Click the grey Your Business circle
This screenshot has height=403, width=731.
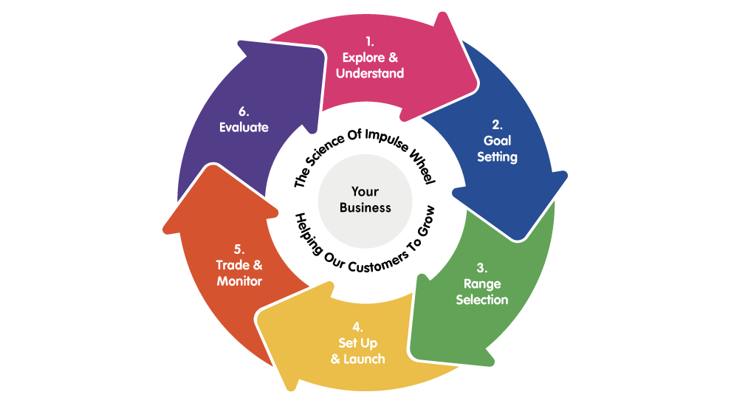(x=365, y=199)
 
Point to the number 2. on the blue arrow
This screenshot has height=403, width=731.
(x=497, y=123)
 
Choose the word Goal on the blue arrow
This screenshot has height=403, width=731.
(x=497, y=139)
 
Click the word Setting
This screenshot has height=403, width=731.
(x=497, y=156)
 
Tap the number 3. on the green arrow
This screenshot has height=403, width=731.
(x=481, y=267)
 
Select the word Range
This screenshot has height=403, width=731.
(x=481, y=283)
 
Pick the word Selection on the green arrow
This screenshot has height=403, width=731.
(x=481, y=300)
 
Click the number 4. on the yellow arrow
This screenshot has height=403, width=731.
(x=357, y=326)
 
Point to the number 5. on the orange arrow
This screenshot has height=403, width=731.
(x=238, y=249)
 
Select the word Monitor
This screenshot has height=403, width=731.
(x=238, y=281)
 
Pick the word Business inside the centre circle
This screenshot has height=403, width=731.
(x=365, y=207)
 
